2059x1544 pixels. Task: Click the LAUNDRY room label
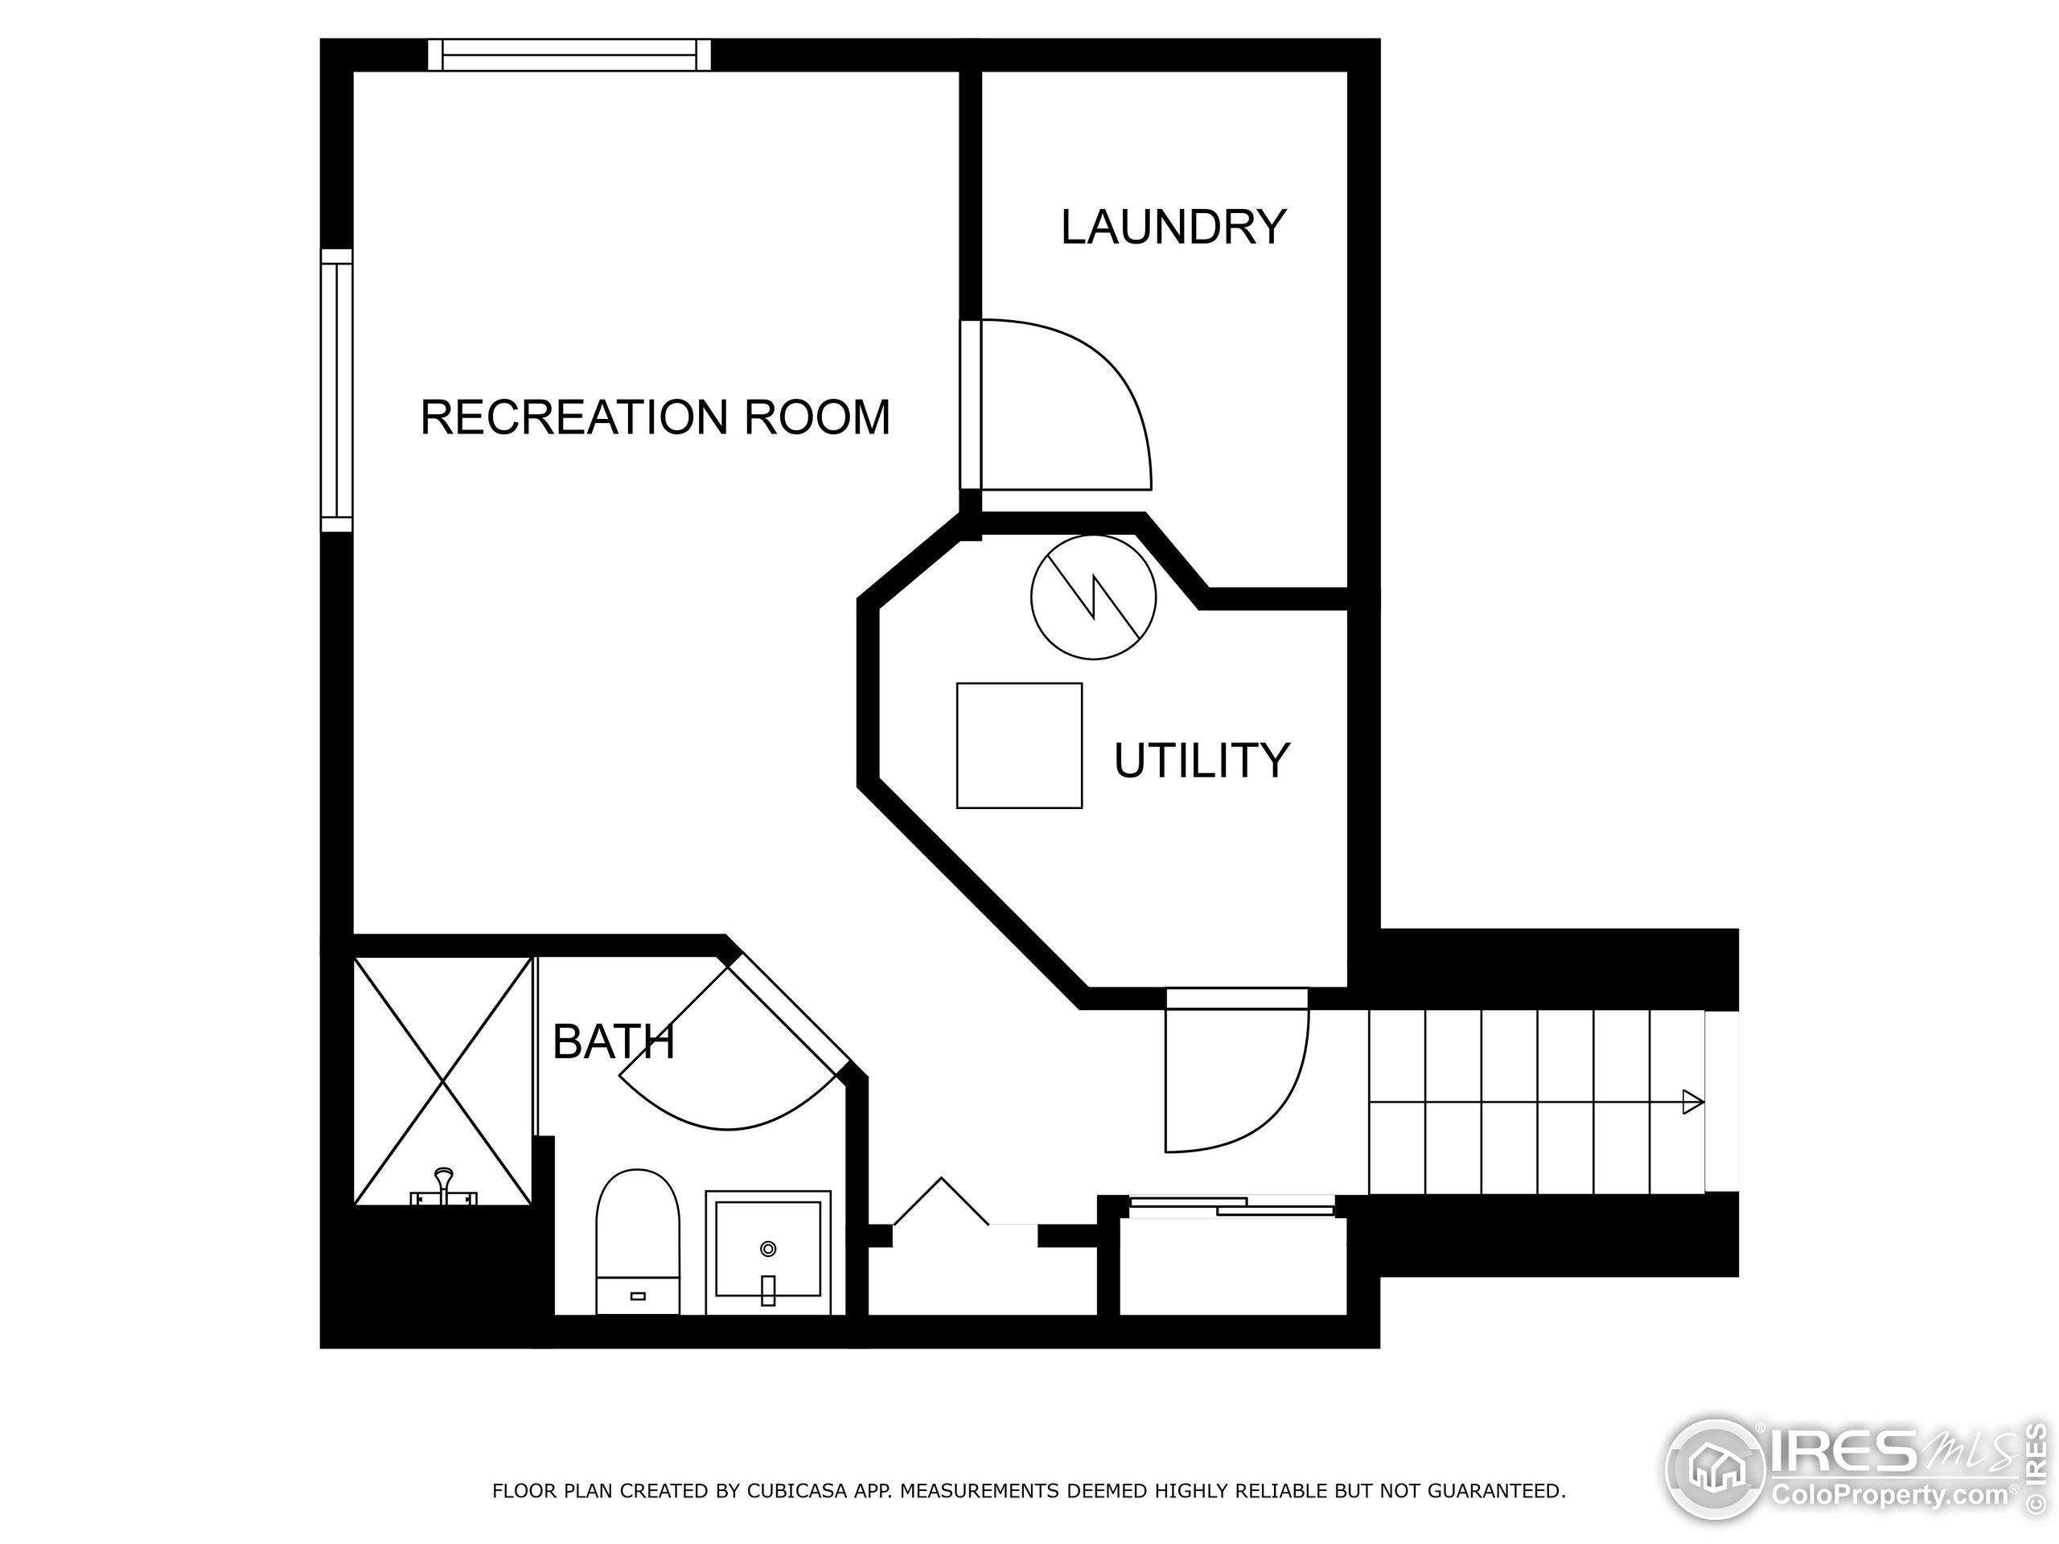coord(1173,227)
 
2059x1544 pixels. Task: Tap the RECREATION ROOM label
coord(656,417)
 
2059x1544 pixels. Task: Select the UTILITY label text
coord(1202,761)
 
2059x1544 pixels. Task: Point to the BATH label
coord(614,1041)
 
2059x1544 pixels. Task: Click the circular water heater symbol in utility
coord(1093,597)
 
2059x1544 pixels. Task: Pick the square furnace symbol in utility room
coord(1019,745)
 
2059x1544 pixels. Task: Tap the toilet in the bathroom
coord(638,1242)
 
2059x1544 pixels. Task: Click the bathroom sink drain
coord(768,1249)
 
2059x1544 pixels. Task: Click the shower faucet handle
coord(445,1188)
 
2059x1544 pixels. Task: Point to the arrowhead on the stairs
coord(1693,1103)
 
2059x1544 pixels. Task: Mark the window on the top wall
coord(569,55)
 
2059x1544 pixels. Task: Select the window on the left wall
coord(337,391)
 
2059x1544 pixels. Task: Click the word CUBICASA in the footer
coord(796,1491)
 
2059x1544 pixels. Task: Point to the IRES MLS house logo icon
coord(1716,1468)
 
